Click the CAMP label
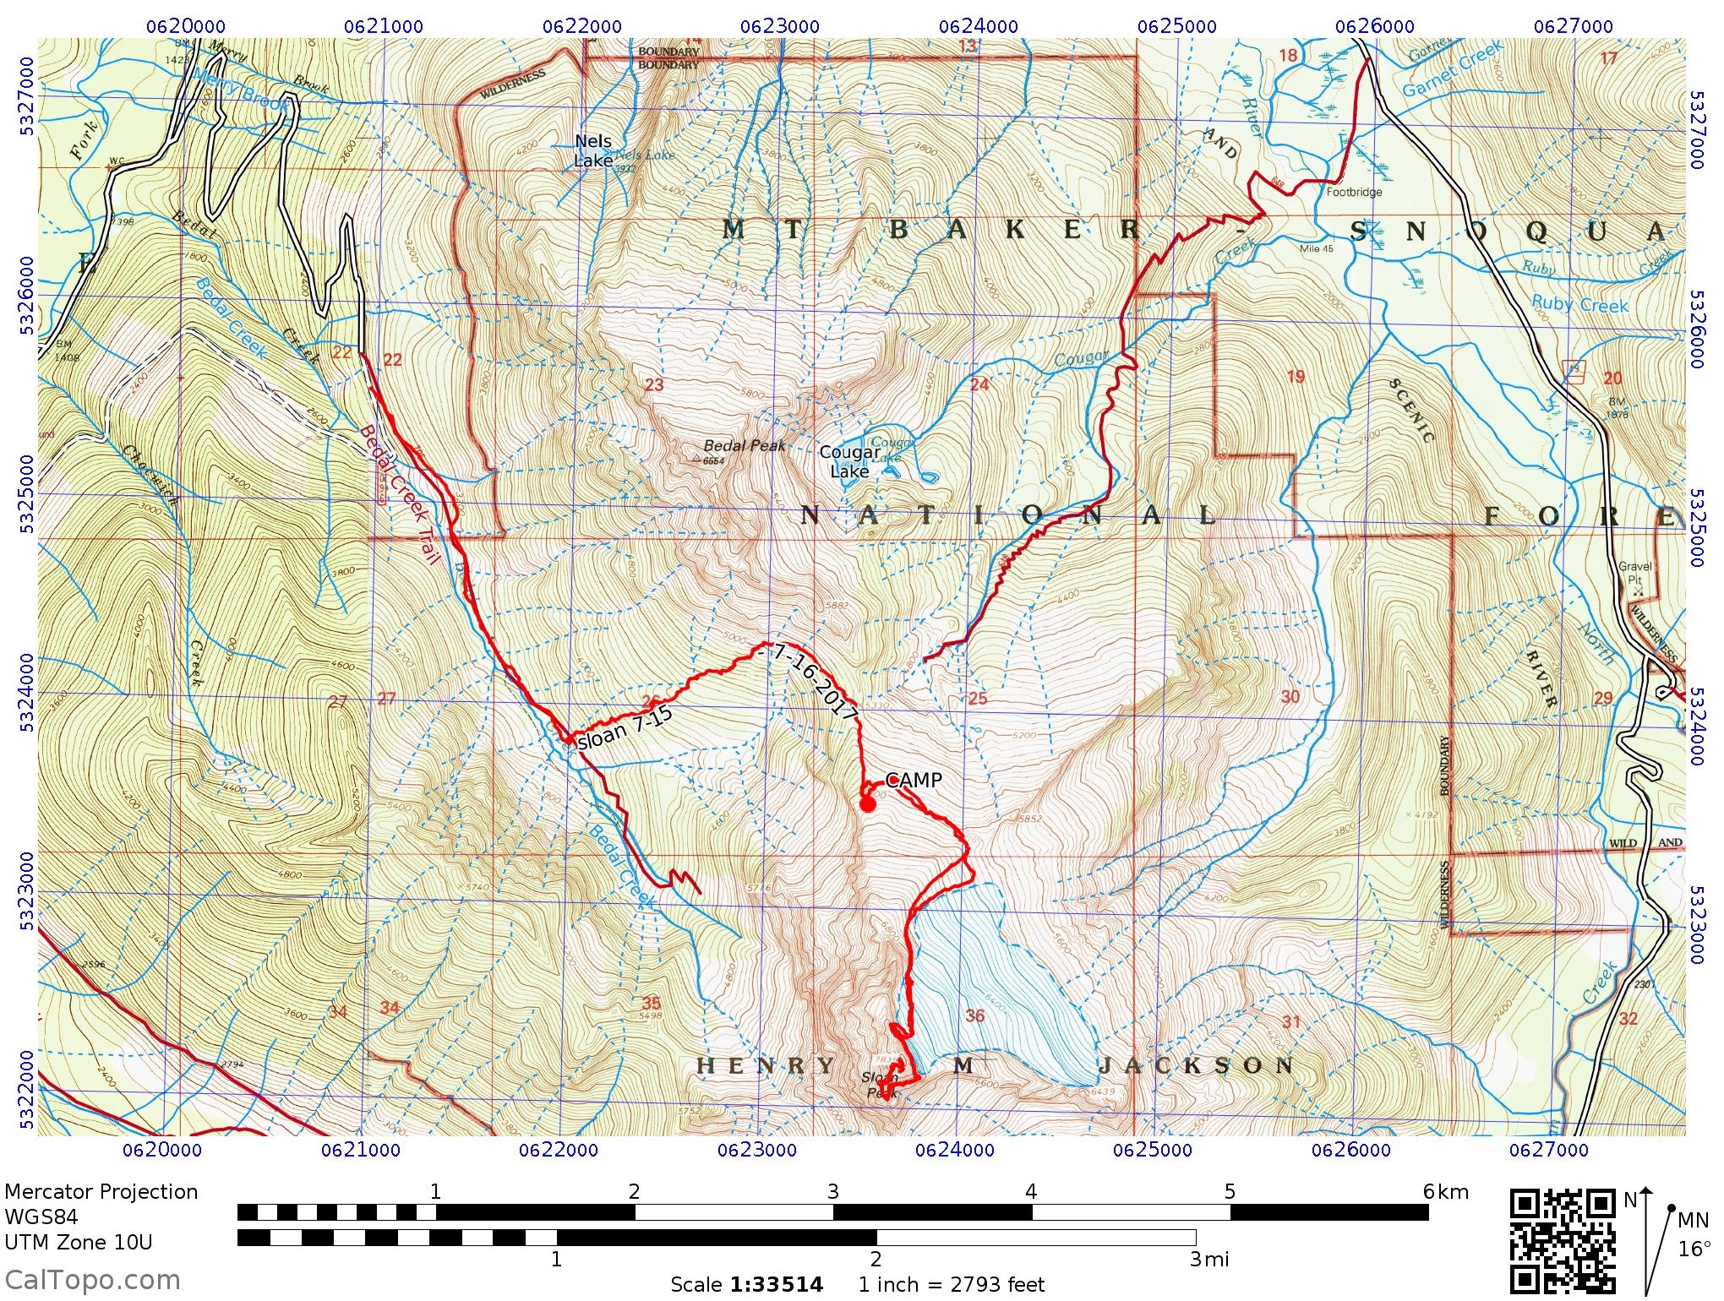(x=913, y=781)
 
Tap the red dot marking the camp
(x=866, y=803)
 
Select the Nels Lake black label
(x=593, y=151)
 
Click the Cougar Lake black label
(x=849, y=462)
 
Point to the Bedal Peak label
(x=745, y=446)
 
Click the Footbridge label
(x=1354, y=192)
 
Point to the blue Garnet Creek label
(x=1453, y=69)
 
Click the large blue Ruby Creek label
(x=1579, y=304)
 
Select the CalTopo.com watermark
(x=91, y=1280)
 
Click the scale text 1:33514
(x=777, y=1285)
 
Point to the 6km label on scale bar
(x=1445, y=1192)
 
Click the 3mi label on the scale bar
(x=1208, y=1260)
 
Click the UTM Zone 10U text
(x=79, y=1243)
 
